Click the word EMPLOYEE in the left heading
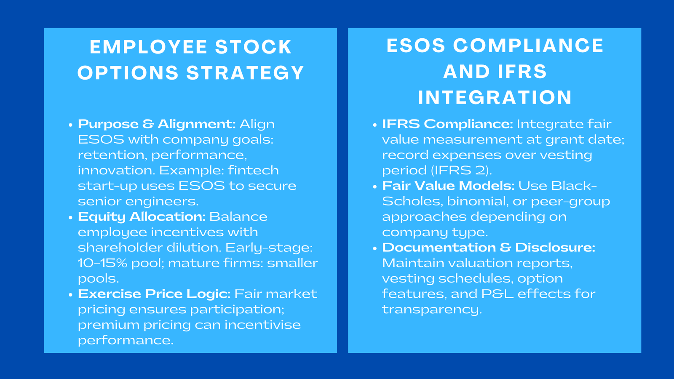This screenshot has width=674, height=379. point(148,47)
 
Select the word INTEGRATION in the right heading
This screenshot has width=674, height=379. point(495,97)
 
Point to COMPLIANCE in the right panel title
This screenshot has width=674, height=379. point(528,45)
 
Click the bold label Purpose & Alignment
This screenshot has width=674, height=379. point(157,124)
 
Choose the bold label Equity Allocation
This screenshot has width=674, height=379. point(142,217)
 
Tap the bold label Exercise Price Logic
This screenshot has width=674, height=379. point(154,294)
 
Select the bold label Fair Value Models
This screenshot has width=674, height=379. point(448,186)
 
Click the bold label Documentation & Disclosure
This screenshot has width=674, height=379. point(489,248)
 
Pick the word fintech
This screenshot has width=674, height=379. point(253,171)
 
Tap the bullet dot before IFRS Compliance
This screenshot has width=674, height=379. point(374,125)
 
